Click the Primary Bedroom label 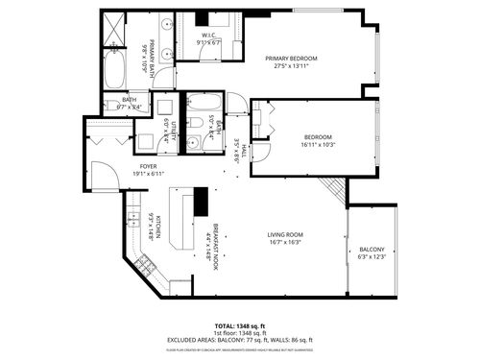pyautogui.click(x=291, y=59)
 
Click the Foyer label pyautogui.click(x=148, y=166)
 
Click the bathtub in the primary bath pyautogui.click(x=112, y=67)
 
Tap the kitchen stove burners pyautogui.click(x=148, y=262)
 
